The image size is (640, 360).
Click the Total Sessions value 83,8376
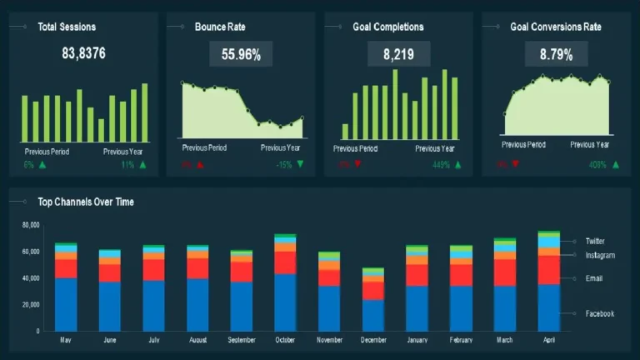tap(83, 55)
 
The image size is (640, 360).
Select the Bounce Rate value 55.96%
tap(241, 56)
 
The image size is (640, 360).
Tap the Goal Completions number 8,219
tap(398, 55)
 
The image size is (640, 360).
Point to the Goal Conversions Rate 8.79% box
tap(556, 55)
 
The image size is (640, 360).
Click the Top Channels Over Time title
tap(85, 202)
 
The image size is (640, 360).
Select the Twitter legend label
tap(595, 241)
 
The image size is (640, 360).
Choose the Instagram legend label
tap(599, 255)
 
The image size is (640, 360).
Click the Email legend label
tap(593, 278)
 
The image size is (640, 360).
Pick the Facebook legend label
tap(599, 313)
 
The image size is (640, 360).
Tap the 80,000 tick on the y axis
tap(30, 225)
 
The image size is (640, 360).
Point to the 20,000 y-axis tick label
tap(30, 305)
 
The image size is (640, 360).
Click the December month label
tap(373, 340)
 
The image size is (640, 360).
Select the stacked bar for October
tap(285, 283)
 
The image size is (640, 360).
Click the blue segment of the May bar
tap(66, 304)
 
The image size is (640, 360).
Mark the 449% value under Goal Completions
tap(441, 164)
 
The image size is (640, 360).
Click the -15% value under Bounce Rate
tap(284, 164)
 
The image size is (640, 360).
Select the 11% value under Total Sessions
tap(127, 164)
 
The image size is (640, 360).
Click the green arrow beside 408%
tap(616, 164)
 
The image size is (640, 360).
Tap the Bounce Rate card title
tap(220, 27)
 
